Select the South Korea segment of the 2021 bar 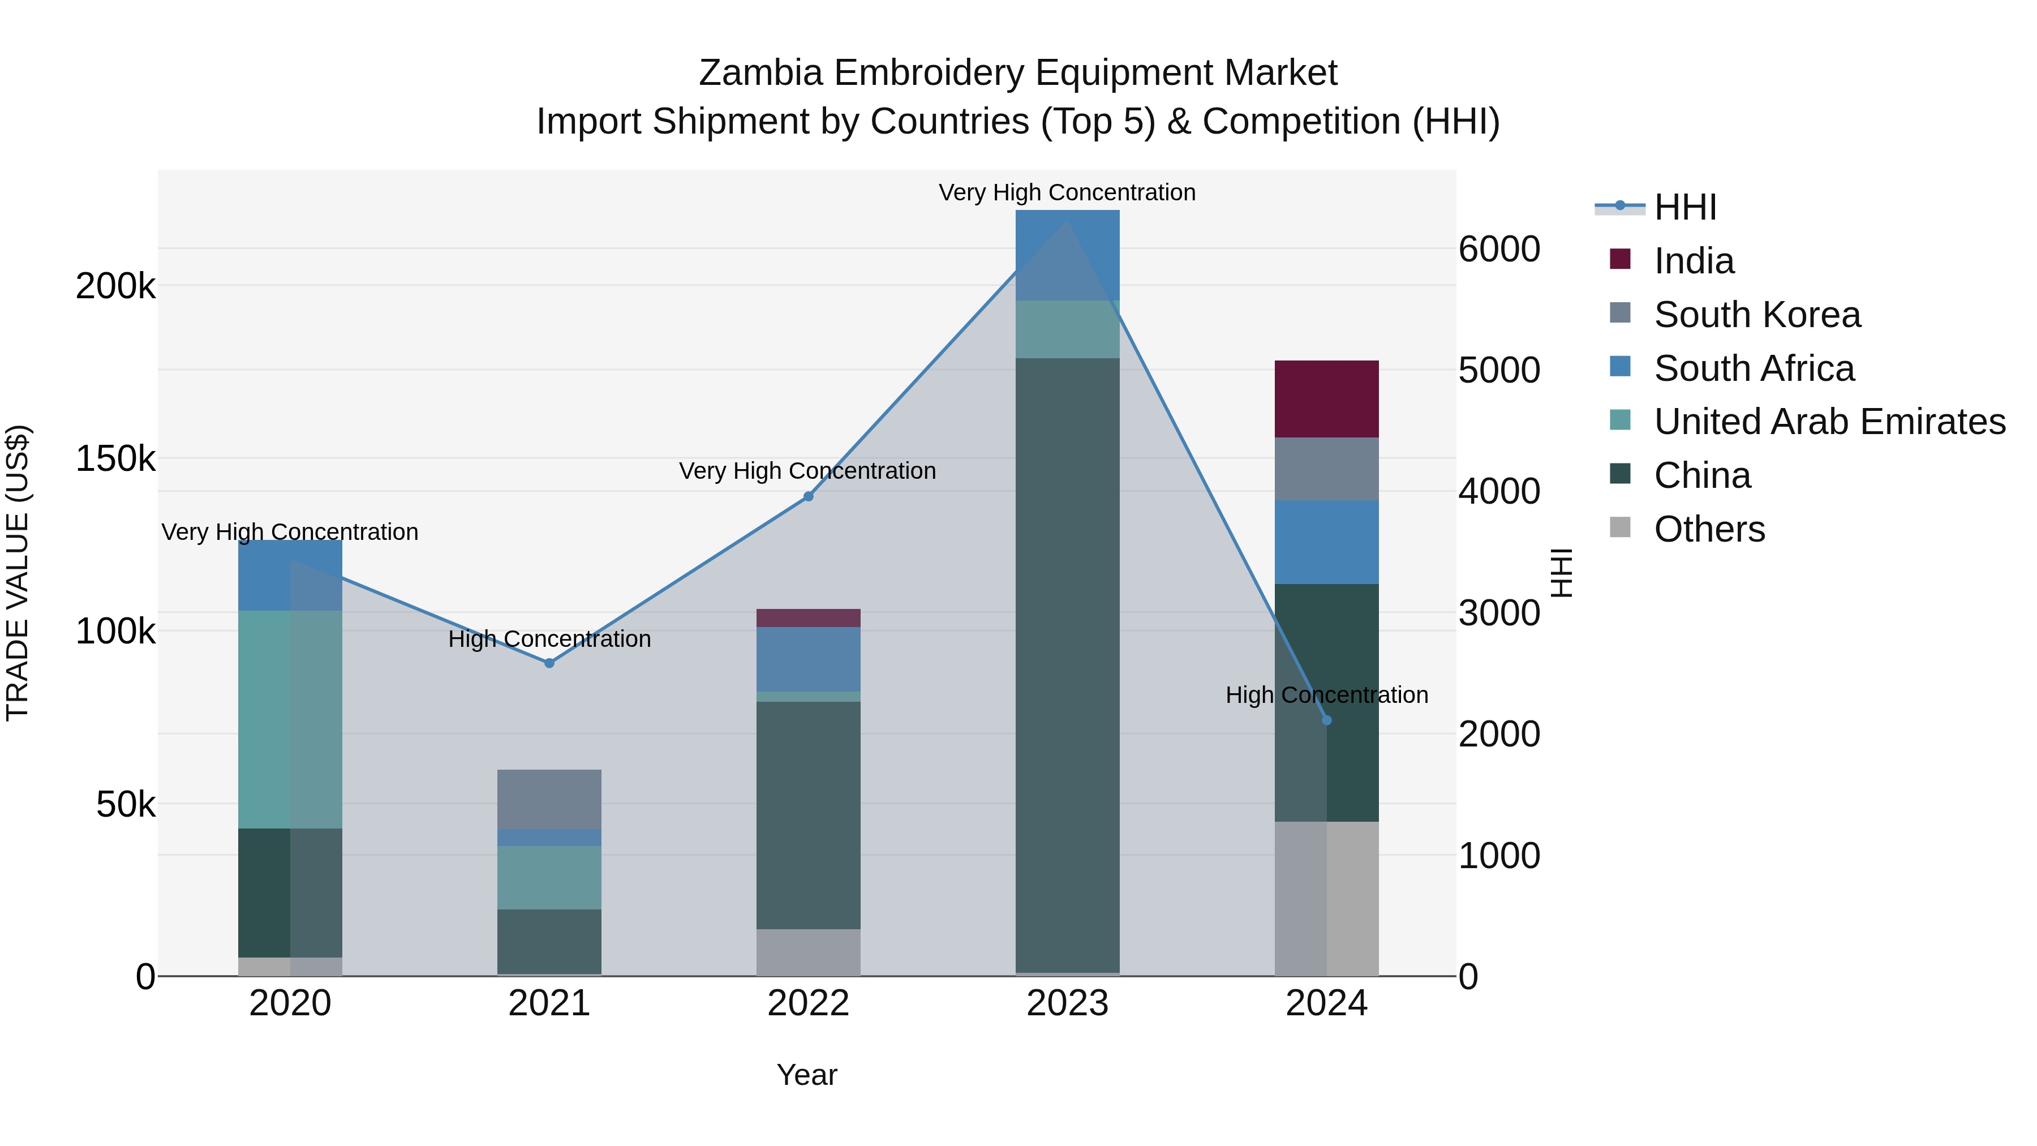point(549,799)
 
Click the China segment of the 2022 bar point(807,814)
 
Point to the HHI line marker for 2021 point(549,663)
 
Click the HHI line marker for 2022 point(807,497)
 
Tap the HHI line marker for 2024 point(1326,720)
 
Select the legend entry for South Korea point(1756,315)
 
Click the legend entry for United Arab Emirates point(1829,422)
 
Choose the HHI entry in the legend point(1684,207)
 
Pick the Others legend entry point(1708,529)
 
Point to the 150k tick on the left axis point(115,459)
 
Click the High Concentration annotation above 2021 point(549,639)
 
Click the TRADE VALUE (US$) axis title point(18,573)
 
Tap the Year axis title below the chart point(806,1075)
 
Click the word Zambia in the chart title point(760,73)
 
